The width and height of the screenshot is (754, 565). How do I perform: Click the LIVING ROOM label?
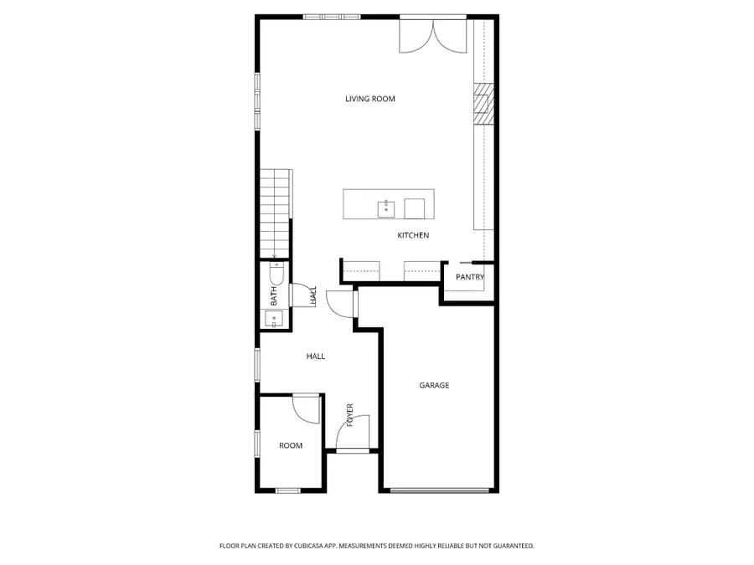[x=370, y=99]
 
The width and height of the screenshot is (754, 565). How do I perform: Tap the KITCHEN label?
[x=413, y=235]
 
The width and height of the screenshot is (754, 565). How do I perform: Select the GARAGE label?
[x=434, y=385]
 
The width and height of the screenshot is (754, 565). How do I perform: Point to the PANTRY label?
[x=470, y=277]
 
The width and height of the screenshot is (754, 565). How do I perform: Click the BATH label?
[x=274, y=296]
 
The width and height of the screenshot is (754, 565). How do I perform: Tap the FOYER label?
[x=349, y=415]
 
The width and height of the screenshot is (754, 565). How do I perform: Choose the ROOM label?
[x=291, y=446]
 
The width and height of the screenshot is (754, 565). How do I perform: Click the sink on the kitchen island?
[x=386, y=209]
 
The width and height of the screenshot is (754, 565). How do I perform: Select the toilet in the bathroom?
[x=276, y=274]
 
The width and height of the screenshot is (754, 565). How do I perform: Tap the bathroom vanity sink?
[x=274, y=319]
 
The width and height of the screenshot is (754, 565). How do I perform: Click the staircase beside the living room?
[x=276, y=213]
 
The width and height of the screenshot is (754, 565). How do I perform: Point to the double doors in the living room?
[x=433, y=35]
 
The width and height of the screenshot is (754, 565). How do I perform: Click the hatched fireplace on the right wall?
[x=483, y=105]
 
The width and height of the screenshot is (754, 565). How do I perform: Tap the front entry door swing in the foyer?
[x=353, y=433]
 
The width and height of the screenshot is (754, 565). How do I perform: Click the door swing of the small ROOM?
[x=307, y=409]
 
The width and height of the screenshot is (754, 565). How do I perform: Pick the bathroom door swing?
[x=304, y=295]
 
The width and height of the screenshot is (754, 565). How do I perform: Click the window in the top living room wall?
[x=332, y=18]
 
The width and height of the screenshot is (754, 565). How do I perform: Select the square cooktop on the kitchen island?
[x=415, y=208]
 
